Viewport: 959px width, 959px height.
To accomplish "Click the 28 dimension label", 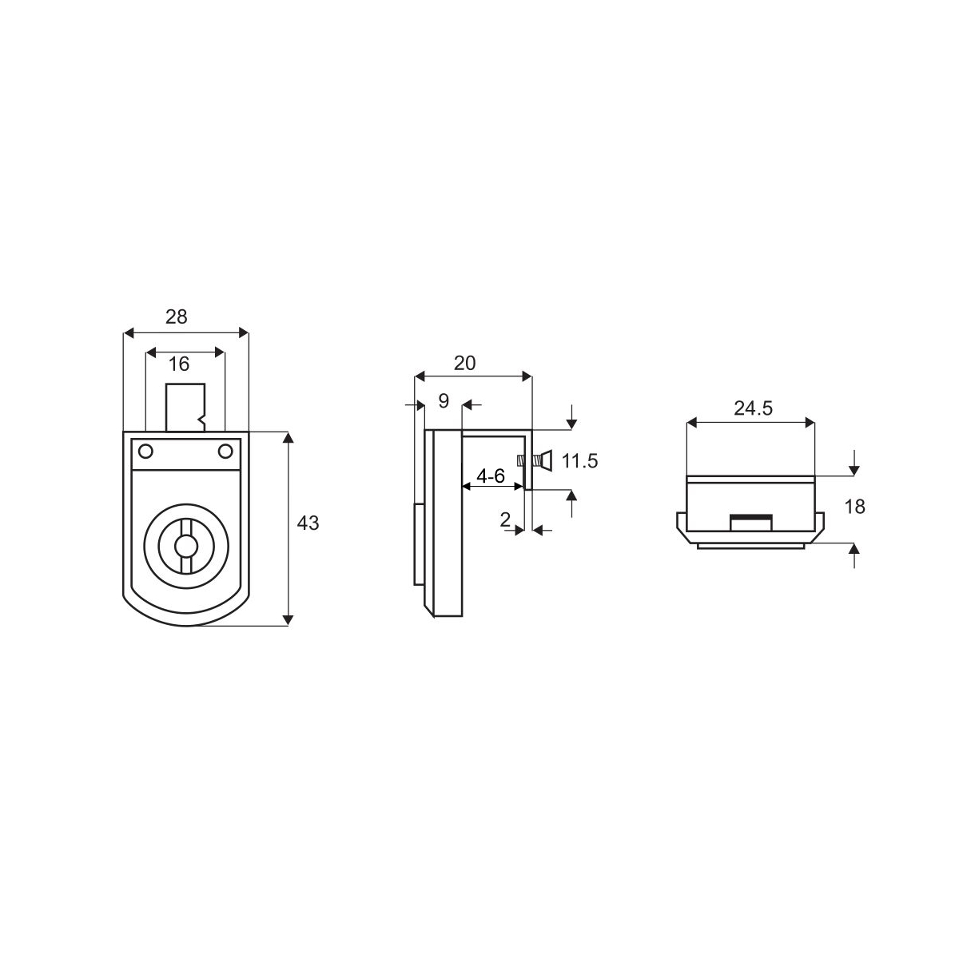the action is [x=176, y=316].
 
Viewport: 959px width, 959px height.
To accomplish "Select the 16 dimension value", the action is [x=179, y=364].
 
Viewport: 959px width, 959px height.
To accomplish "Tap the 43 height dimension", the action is [x=308, y=523].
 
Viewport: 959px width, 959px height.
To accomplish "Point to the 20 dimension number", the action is [x=464, y=364].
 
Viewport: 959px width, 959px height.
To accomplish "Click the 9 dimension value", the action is [x=444, y=400].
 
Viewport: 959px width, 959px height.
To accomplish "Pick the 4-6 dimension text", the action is [x=491, y=476].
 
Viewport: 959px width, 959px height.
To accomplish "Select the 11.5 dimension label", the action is [x=579, y=461].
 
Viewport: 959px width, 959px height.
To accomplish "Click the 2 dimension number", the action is [x=505, y=519].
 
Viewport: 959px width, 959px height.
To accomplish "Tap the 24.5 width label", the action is [x=753, y=408].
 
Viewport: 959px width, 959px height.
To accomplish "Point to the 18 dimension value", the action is [x=854, y=507].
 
